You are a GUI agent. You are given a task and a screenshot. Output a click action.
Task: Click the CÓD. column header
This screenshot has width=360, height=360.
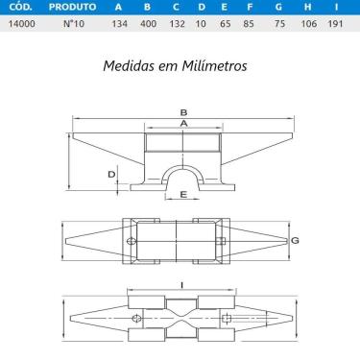(x=19, y=7)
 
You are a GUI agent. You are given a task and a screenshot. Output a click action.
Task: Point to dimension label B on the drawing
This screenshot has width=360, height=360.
(x=182, y=112)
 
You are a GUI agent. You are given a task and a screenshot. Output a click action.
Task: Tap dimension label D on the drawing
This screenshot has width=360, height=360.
(x=112, y=174)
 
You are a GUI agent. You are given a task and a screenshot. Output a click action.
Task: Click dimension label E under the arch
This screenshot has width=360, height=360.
(x=182, y=196)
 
